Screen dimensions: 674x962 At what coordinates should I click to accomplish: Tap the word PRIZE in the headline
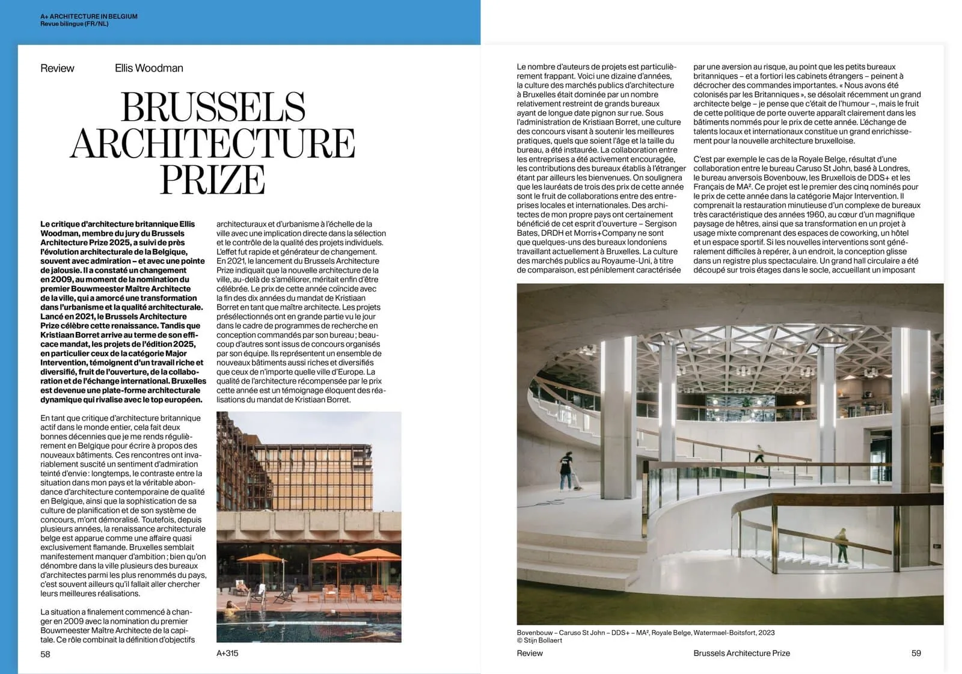tap(212, 179)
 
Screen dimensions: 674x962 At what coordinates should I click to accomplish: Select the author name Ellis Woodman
tap(149, 68)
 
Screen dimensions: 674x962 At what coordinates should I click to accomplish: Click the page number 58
tap(46, 654)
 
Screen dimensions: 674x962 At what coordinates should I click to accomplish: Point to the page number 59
tap(916, 653)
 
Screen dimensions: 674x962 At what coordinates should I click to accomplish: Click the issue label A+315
tap(227, 653)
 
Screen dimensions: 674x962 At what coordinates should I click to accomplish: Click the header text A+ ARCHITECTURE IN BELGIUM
tap(89, 16)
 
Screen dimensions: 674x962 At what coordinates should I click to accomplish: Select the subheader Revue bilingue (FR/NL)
tap(75, 24)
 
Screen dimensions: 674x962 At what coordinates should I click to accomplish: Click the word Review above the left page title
tap(57, 68)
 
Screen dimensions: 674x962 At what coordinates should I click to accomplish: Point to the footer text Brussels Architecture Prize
tap(741, 653)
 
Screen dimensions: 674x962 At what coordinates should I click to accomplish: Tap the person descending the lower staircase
tap(843, 544)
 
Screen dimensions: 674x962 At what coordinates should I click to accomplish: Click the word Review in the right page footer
tap(530, 653)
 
